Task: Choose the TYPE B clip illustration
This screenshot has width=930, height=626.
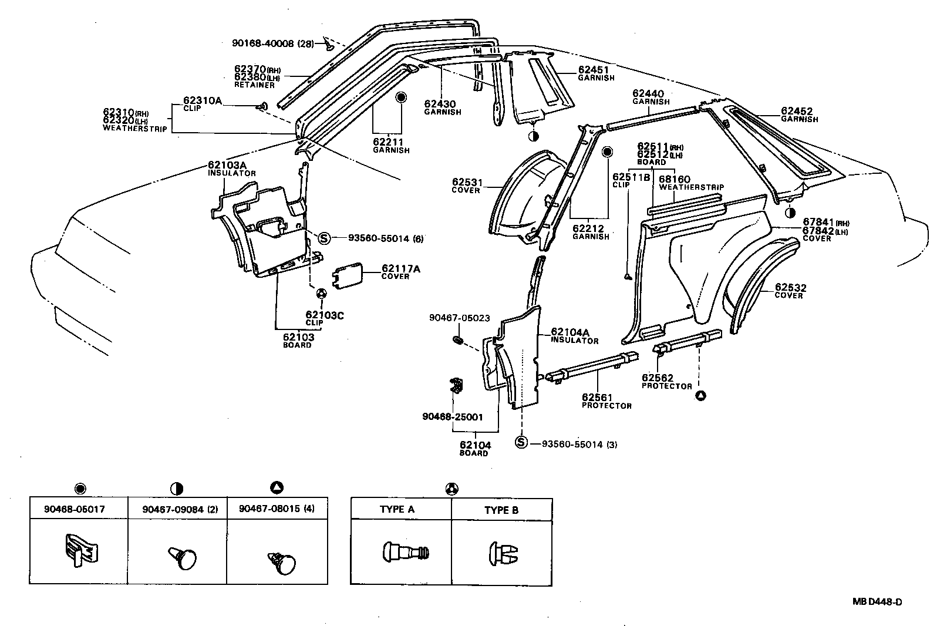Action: pyautogui.click(x=503, y=553)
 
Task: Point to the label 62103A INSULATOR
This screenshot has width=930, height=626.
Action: pyautogui.click(x=231, y=169)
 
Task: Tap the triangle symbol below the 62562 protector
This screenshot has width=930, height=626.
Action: pyautogui.click(x=700, y=396)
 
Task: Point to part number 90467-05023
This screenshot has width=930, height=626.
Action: pyautogui.click(x=459, y=318)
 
